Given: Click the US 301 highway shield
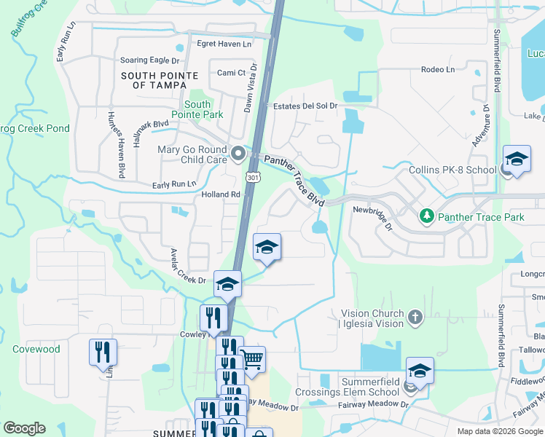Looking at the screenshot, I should pos(252,178).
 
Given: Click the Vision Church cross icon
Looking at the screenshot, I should pos(415,317).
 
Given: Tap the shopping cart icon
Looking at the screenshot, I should pos(251,358).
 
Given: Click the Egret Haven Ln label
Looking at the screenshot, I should pos(224,44).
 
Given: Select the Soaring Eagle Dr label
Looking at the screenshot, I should pos(149,60).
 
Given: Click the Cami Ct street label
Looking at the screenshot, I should pos(231,73).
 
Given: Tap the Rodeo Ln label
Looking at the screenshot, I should pos(437,70).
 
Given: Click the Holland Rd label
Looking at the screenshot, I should pos(221,195).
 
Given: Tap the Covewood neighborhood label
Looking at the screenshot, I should pos(36,350).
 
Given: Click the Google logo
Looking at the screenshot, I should pos(25,428).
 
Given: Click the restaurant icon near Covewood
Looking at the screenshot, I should pos(103,353).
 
